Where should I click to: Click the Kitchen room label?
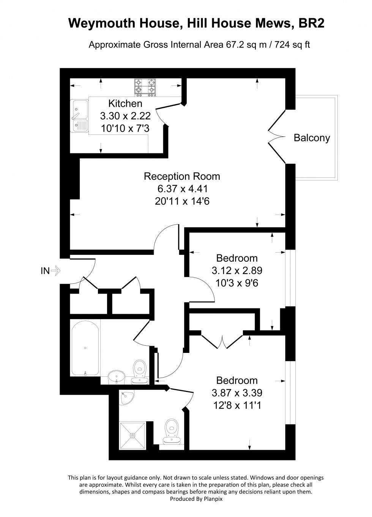pyautogui.click(x=125, y=103)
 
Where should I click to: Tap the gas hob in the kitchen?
pyautogui.click(x=145, y=86)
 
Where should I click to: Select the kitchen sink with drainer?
pyautogui.click(x=79, y=115)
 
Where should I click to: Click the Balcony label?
pyautogui.click(x=312, y=138)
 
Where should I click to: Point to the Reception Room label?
pyautogui.click(x=182, y=176)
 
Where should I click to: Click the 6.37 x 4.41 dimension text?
pyautogui.click(x=182, y=188)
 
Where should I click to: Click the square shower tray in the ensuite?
pyautogui.click(x=134, y=435)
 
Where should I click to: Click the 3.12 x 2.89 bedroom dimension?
pyautogui.click(x=237, y=270)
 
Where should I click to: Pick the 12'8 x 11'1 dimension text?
pyautogui.click(x=237, y=405)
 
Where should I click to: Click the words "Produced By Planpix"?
pyautogui.click(x=196, y=499)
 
